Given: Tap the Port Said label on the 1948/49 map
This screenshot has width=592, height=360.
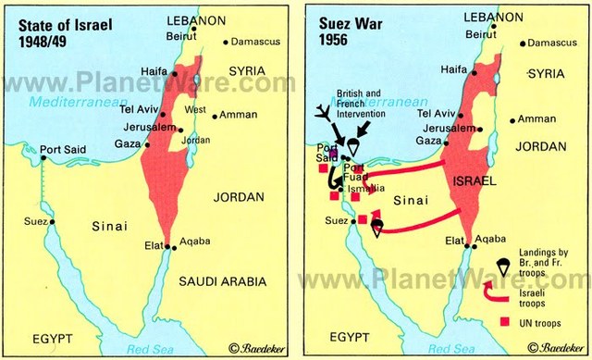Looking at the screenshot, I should coord(61,146).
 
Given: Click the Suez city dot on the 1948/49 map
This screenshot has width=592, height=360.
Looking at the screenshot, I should coord(54,222).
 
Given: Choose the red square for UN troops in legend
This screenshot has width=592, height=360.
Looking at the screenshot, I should coord(503,322).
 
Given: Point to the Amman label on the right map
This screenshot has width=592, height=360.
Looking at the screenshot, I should coord(537,118).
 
